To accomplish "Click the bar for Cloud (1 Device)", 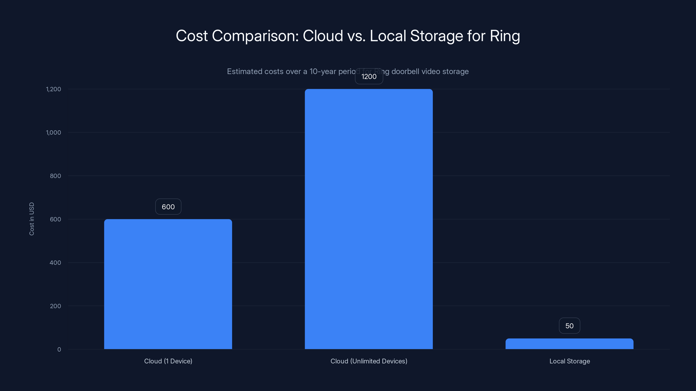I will pyautogui.click(x=168, y=284).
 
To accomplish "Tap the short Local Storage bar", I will pyautogui.click(x=569, y=344).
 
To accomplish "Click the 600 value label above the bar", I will pyautogui.click(x=168, y=207).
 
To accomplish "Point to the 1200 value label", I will pyautogui.click(x=369, y=77).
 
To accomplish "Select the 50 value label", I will pyautogui.click(x=569, y=326).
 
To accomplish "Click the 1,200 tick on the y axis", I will pyautogui.click(x=54, y=89).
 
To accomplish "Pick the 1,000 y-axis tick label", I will pyautogui.click(x=54, y=133).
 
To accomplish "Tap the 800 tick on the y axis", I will pyautogui.click(x=55, y=176).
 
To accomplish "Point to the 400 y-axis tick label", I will pyautogui.click(x=55, y=263).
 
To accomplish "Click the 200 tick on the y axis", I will pyautogui.click(x=55, y=306).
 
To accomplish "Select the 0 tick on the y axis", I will pyautogui.click(x=59, y=350).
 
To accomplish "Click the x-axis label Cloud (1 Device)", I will pyautogui.click(x=168, y=361).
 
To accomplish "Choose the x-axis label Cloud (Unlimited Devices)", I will pyautogui.click(x=369, y=361).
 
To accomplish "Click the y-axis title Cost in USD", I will pyautogui.click(x=32, y=219).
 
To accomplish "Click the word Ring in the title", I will pyautogui.click(x=505, y=36).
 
